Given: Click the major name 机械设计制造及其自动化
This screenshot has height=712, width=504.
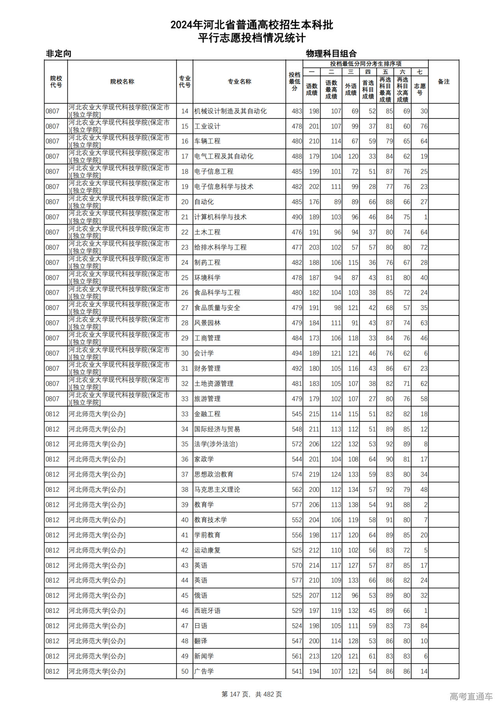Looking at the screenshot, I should [x=230, y=111].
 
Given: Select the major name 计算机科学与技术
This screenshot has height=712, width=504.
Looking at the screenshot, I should [x=220, y=217].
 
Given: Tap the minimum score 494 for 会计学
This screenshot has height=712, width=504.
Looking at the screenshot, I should [x=296, y=353].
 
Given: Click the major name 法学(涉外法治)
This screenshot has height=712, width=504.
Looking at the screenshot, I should [x=216, y=444].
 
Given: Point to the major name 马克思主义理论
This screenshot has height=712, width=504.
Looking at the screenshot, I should [x=217, y=490].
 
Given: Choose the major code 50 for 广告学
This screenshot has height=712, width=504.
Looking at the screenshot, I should [x=185, y=671].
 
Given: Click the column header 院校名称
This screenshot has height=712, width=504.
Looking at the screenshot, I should [x=122, y=82].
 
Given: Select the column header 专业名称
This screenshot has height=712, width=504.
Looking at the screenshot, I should [x=239, y=82].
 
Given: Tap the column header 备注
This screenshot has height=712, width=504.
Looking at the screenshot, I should [x=443, y=82].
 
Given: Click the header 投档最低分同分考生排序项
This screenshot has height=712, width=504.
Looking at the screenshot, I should [x=365, y=64].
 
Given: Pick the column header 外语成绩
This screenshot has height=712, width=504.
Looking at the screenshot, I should [x=351, y=90].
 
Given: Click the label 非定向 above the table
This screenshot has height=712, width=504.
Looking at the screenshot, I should [x=59, y=53].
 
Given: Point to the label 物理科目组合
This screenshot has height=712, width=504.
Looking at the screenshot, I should [x=331, y=53].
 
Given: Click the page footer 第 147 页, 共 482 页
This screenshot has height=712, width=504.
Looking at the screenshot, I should [x=252, y=694].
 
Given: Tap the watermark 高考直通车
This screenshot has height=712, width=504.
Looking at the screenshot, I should [x=471, y=696].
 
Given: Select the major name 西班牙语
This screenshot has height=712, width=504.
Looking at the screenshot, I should [x=207, y=611].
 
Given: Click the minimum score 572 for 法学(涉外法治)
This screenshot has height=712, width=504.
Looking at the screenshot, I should [x=296, y=444].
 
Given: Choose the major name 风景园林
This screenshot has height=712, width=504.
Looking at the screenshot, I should [x=207, y=323].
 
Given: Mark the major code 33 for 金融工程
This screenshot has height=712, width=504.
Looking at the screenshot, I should [x=185, y=414].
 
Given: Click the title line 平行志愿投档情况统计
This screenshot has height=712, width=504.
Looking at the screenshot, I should [x=252, y=38].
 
